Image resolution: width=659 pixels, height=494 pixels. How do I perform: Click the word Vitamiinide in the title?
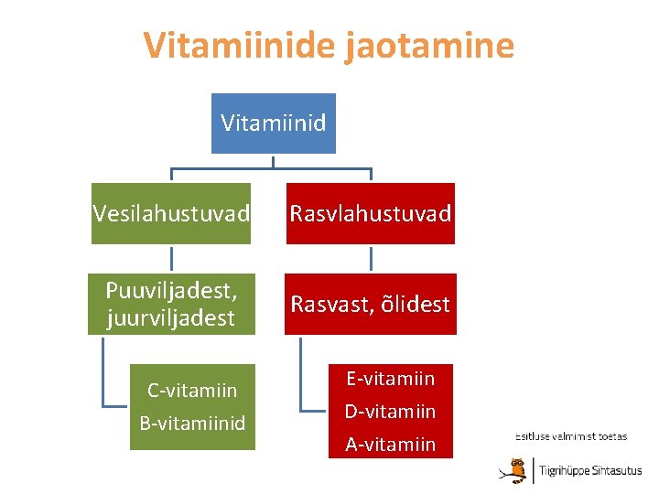click(x=240, y=45)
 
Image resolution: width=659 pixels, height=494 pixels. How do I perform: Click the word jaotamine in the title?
click(x=429, y=45)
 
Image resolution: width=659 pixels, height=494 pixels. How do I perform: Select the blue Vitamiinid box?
click(x=274, y=123)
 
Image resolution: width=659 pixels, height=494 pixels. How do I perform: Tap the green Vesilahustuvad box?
click(x=171, y=214)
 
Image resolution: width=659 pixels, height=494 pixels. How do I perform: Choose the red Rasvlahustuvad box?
click(x=371, y=214)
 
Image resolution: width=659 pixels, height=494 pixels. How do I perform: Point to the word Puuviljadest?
click(x=171, y=292)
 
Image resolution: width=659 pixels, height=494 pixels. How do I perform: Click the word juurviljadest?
click(x=171, y=318)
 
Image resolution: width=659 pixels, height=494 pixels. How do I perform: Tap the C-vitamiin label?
click(x=192, y=391)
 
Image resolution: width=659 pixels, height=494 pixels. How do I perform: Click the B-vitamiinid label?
click(x=192, y=424)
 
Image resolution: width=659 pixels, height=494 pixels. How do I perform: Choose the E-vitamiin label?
click(x=390, y=378)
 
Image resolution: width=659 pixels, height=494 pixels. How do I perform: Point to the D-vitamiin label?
click(x=390, y=412)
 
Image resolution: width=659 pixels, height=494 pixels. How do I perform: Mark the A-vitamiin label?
click(x=390, y=445)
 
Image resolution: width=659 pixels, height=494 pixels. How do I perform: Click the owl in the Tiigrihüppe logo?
click(x=519, y=468)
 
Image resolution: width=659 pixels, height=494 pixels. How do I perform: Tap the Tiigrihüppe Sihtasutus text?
click(x=590, y=471)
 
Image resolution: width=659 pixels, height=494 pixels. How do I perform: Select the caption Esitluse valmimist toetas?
click(x=571, y=436)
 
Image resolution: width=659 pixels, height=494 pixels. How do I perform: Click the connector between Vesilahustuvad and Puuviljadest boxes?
click(x=171, y=258)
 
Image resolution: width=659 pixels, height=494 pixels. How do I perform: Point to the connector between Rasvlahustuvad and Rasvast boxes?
click(x=371, y=258)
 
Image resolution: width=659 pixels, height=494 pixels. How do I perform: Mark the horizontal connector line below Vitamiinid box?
click(x=272, y=169)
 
